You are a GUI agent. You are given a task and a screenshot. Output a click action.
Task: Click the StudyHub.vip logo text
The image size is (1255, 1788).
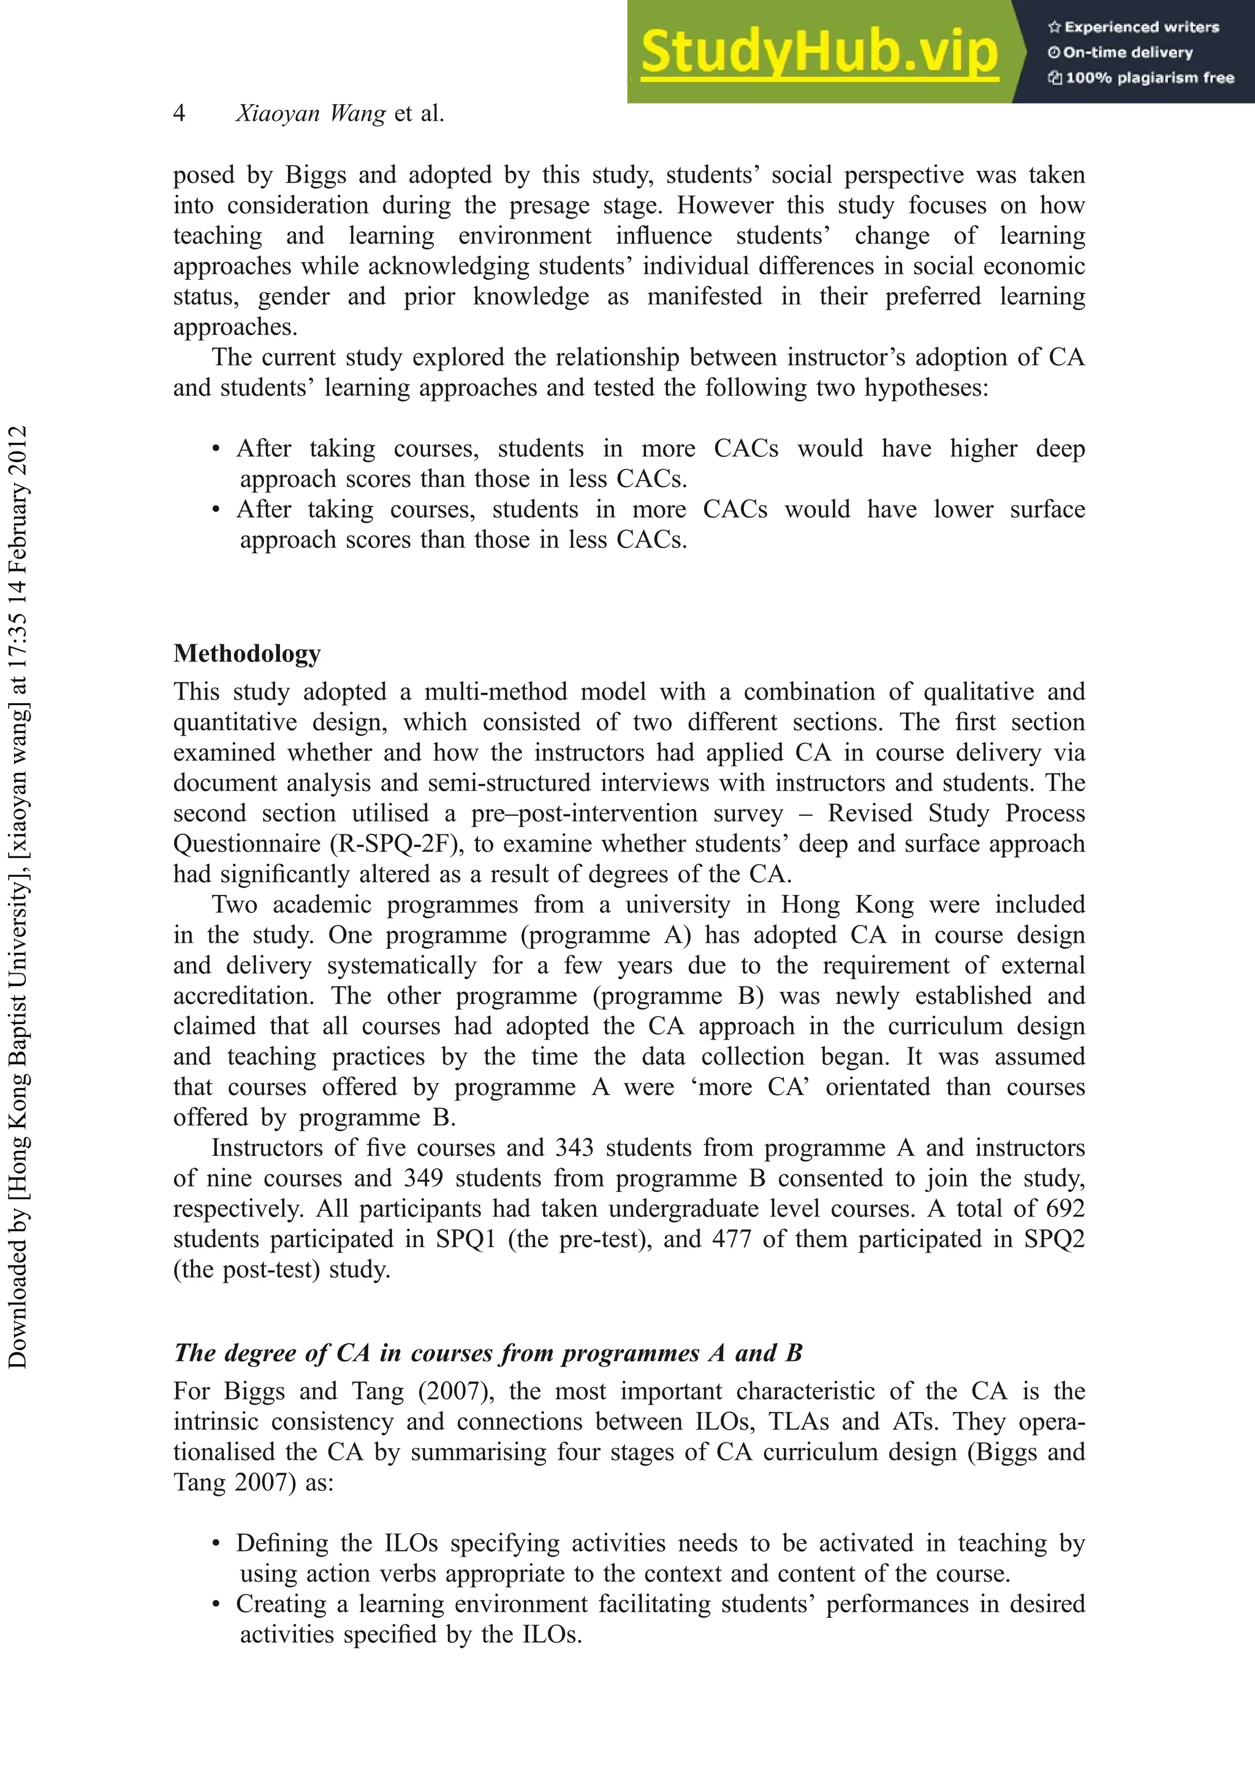click(x=819, y=51)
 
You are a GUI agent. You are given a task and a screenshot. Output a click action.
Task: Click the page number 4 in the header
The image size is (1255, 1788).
click(x=179, y=114)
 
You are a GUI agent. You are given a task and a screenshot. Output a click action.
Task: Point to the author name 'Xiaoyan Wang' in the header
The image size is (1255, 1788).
click(x=310, y=114)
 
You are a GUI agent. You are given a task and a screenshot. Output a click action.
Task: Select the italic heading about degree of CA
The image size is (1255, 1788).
click(x=488, y=1352)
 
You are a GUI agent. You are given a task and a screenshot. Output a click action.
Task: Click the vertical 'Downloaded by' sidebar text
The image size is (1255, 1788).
click(x=17, y=896)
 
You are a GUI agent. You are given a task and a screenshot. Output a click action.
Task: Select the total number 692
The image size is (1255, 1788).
click(x=1065, y=1209)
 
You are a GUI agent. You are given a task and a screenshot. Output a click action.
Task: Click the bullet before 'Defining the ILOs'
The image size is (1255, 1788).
click(x=216, y=1544)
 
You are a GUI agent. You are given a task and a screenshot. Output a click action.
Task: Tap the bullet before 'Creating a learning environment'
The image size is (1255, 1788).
click(x=216, y=1604)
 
